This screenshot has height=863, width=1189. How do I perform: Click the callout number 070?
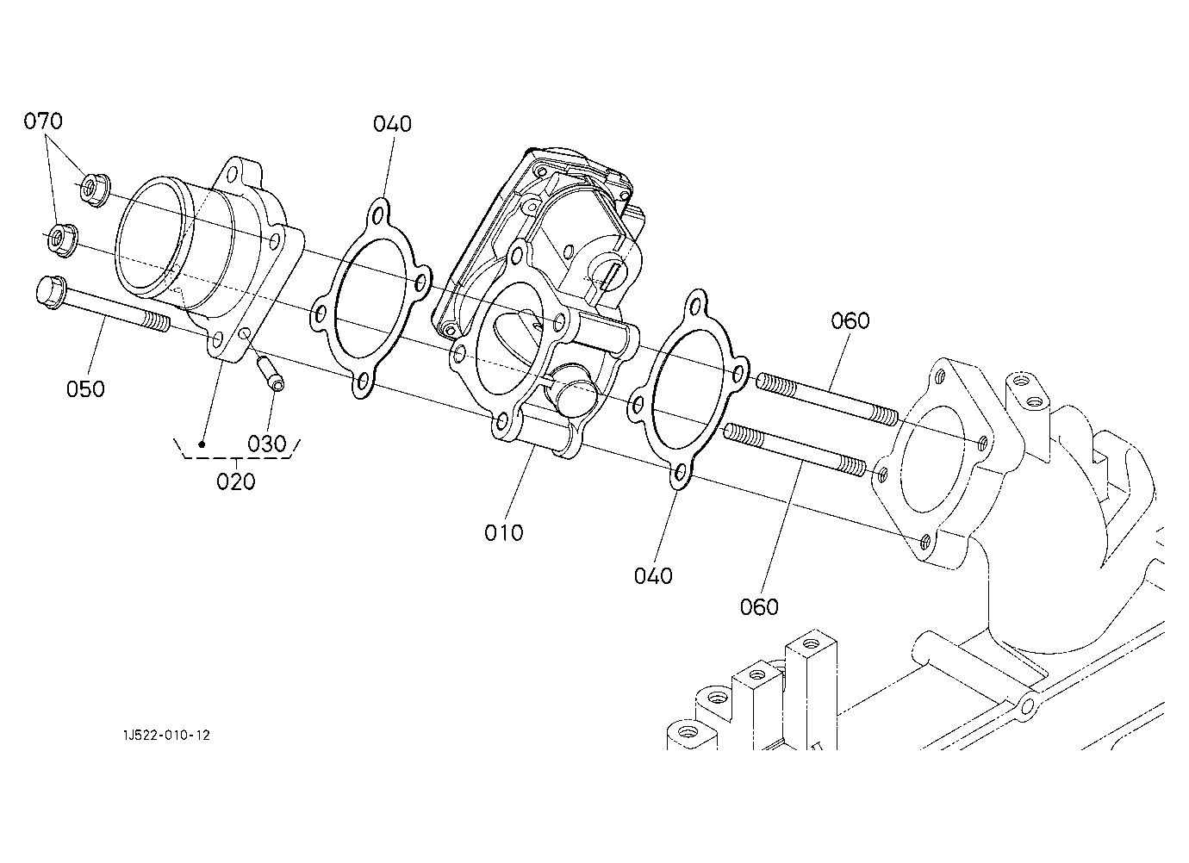(x=43, y=121)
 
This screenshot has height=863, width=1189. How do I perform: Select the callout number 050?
(x=85, y=389)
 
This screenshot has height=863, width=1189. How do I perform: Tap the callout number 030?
(x=267, y=444)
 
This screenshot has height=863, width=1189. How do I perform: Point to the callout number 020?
(x=236, y=481)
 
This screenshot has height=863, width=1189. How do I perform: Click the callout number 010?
(x=504, y=532)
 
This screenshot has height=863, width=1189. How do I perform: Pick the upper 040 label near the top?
(x=392, y=124)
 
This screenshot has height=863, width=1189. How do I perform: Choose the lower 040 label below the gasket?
(x=653, y=576)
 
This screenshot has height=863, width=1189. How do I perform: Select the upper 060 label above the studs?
(x=850, y=320)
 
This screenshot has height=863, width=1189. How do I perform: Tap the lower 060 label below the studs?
(x=759, y=606)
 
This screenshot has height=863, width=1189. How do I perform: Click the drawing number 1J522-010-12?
(x=166, y=735)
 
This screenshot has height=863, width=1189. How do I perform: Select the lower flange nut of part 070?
(x=63, y=241)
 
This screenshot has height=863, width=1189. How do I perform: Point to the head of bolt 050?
(x=52, y=293)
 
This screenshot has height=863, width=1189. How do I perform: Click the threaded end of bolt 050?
(x=157, y=321)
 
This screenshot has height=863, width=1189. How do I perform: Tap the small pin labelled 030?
(x=271, y=374)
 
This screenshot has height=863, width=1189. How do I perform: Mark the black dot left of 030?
(x=202, y=444)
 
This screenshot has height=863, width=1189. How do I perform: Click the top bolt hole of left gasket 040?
(x=378, y=216)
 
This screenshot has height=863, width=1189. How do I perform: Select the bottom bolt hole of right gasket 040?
(x=680, y=472)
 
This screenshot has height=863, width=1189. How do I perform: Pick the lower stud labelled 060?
(x=794, y=449)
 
